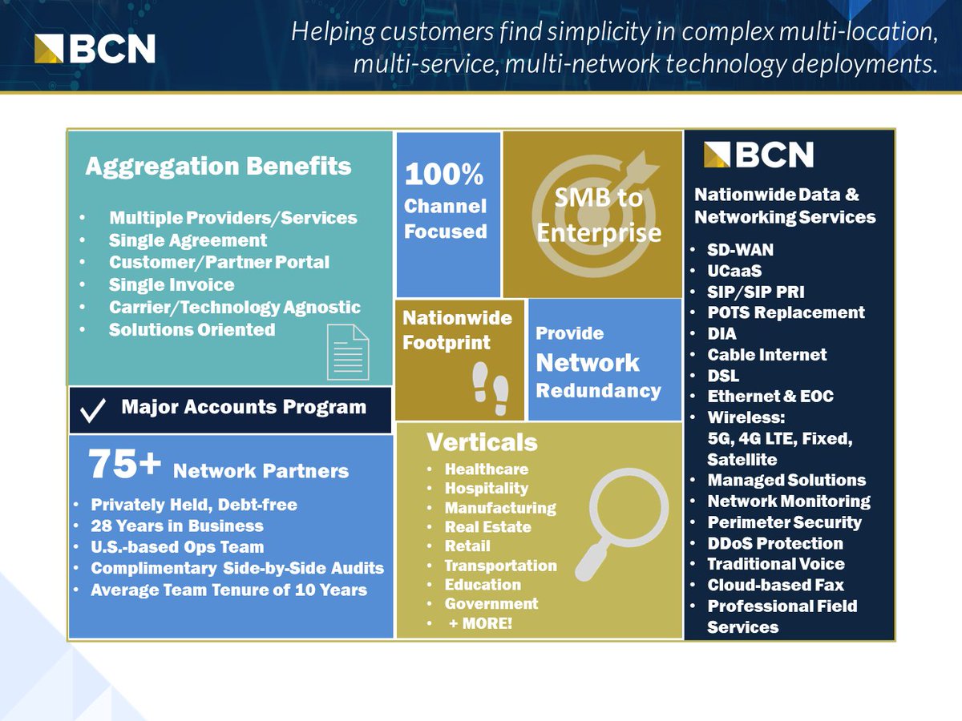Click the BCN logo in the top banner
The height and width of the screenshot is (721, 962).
[95, 47]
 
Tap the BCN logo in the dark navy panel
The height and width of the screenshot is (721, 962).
[758, 155]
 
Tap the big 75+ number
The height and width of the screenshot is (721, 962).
[126, 464]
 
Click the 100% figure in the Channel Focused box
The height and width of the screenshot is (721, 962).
[444, 175]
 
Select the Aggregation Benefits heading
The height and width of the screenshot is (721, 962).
[218, 167]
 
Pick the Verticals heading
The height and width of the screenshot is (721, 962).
[482, 443]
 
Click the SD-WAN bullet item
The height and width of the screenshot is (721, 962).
[740, 250]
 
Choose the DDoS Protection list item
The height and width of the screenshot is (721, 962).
[775, 543]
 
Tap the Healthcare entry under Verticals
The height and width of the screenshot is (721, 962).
[487, 469]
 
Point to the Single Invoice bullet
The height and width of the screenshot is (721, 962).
[172, 285]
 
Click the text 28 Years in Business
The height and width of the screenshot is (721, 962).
[177, 526]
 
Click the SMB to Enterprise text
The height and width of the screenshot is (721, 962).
[599, 215]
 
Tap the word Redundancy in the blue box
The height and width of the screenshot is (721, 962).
[598, 391]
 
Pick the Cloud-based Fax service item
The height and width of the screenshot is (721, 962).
[775, 585]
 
